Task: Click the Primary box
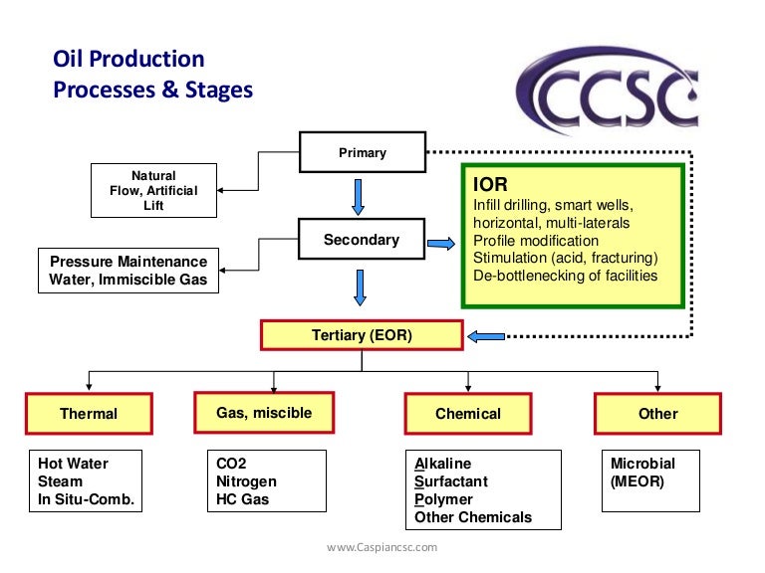coord(362,152)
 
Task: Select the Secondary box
coord(362,240)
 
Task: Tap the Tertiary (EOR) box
coord(362,335)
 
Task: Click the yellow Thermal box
coord(89,413)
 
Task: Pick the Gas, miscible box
coord(264,413)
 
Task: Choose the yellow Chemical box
coord(467,413)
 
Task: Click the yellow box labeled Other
coord(657,413)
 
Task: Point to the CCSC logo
coord(610,94)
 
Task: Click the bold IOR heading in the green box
coord(488,184)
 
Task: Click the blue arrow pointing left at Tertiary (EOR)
coord(487,336)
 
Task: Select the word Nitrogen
coord(246,481)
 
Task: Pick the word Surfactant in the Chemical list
coord(450,481)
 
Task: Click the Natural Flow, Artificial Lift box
coord(153,190)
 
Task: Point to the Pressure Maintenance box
coord(128,271)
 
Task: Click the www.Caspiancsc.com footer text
coord(382,547)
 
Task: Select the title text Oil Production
coord(128,60)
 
